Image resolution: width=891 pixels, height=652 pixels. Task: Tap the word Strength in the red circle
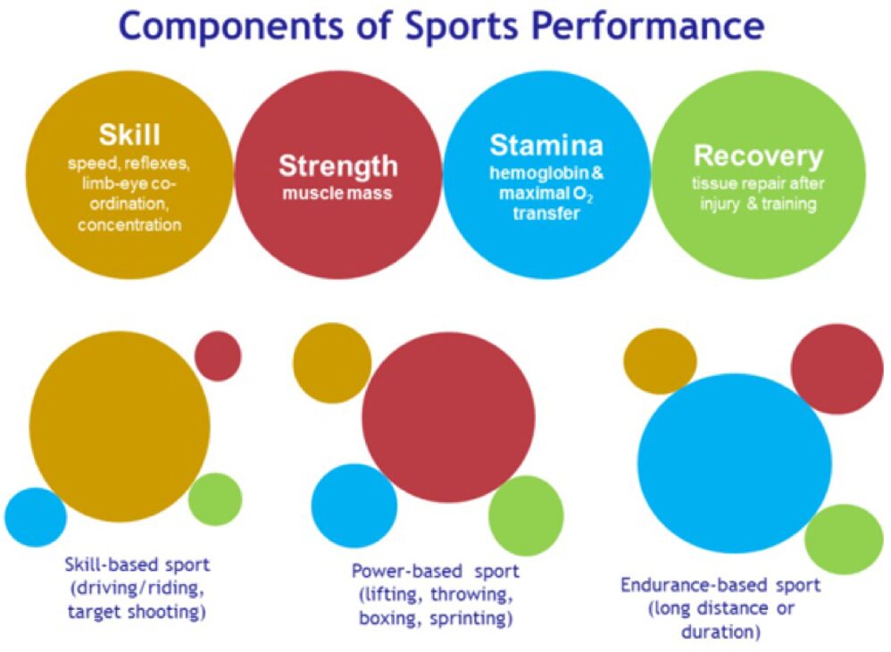click(338, 165)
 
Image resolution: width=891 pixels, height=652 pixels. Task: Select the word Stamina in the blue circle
click(546, 145)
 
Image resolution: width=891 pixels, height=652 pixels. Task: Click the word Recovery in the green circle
click(758, 155)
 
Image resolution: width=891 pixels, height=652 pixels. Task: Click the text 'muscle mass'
click(338, 192)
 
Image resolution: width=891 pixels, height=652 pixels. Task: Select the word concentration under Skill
click(129, 224)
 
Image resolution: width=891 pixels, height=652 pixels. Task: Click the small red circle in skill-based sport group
click(218, 355)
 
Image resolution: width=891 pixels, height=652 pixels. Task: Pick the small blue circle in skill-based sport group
click(36, 517)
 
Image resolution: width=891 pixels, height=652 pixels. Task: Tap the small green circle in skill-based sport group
click(216, 498)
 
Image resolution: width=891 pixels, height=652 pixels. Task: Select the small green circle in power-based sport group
click(526, 516)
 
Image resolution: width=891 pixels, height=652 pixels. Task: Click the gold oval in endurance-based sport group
click(660, 361)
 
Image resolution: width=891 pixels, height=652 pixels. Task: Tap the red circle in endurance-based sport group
click(837, 368)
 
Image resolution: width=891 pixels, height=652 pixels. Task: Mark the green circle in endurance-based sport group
click(844, 539)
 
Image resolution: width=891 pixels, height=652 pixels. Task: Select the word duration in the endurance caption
click(724, 632)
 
